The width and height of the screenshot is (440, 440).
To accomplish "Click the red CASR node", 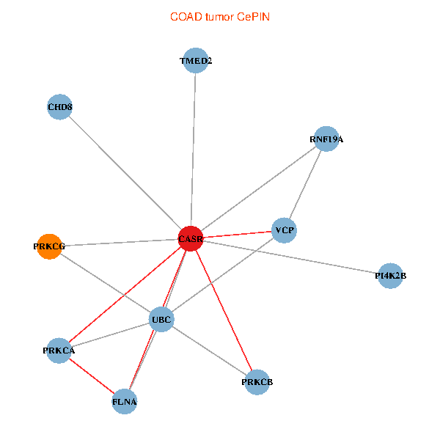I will (x=190, y=239).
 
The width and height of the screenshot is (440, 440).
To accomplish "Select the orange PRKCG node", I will (x=49, y=246).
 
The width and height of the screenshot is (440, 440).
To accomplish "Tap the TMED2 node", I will (x=196, y=61).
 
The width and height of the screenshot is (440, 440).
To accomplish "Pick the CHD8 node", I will (x=59, y=108).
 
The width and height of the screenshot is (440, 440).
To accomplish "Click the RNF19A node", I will (x=326, y=139).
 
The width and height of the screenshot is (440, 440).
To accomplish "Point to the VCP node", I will (x=284, y=231).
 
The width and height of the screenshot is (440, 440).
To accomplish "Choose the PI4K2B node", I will (x=390, y=276).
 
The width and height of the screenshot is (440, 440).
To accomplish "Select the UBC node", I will (x=161, y=320).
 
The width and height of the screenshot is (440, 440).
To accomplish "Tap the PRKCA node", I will (x=59, y=351).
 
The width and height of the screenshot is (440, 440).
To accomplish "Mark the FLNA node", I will (x=125, y=402).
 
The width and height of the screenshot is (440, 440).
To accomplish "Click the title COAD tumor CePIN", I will (x=220, y=16).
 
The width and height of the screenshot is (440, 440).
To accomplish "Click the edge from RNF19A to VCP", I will (x=305, y=185).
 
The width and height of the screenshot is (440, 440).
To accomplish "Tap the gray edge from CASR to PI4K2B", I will (x=293, y=258).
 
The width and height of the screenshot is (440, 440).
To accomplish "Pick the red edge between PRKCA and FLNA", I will (x=92, y=376).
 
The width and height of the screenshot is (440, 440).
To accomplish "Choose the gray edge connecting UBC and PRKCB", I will (x=209, y=351).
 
